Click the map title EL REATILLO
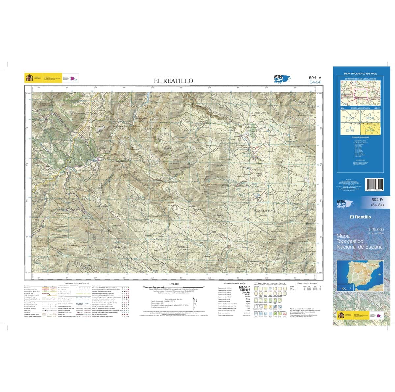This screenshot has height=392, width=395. tap(173, 81)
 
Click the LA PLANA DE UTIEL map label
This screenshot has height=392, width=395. tap(154, 128)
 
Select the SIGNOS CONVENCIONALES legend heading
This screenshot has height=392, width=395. tap(77, 283)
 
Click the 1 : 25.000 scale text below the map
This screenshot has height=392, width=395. tap(173, 284)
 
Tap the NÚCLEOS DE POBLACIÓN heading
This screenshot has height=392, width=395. tap(234, 283)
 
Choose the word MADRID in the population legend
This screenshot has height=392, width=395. tap(244, 288)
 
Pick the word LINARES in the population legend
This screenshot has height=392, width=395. tap(244, 293)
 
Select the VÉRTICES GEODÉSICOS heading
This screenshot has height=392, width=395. tap(306, 283)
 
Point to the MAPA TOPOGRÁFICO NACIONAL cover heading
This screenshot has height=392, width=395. tap(360, 74)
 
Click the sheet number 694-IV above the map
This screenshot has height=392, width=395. tap(315, 78)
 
